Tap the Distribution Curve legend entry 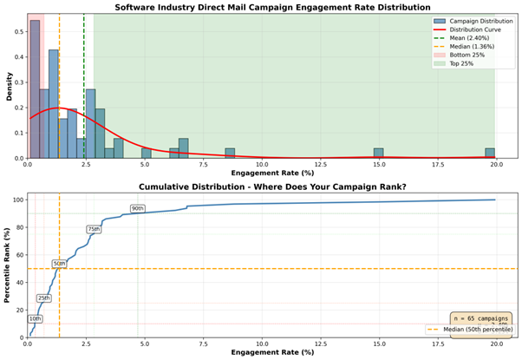click(x=476, y=28)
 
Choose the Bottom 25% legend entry click(x=467, y=54)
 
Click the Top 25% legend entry click(x=464, y=62)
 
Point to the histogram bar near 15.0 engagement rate click(x=378, y=154)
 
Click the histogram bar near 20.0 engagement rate click(x=490, y=154)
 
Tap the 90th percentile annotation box click(x=138, y=208)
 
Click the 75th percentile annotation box click(x=94, y=229)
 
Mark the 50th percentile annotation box click(x=59, y=263)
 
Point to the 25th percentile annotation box click(x=43, y=298)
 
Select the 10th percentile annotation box click(x=35, y=318)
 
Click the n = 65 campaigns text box click(x=481, y=318)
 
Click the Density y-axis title click(x=8, y=85)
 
